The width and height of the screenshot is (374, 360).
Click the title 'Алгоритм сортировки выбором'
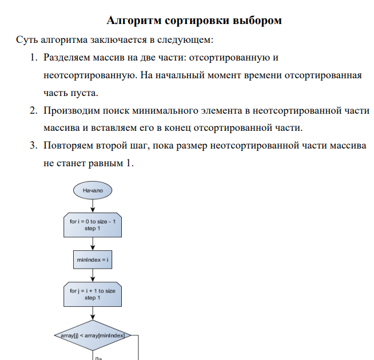pyautogui.click(x=194, y=21)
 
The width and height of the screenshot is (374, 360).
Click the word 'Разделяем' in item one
pyautogui.click(x=65, y=58)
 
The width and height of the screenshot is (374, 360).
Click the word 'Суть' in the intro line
pyautogui.click(x=26, y=41)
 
